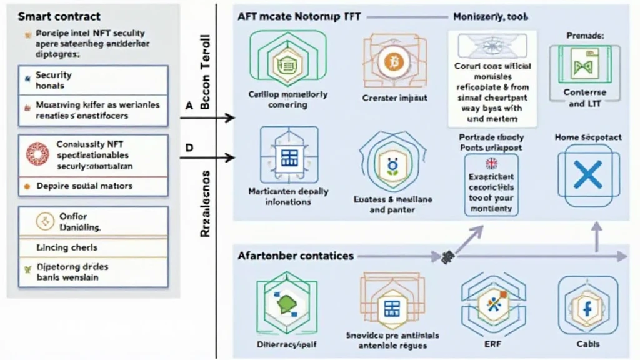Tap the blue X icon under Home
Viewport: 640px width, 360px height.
click(x=587, y=174)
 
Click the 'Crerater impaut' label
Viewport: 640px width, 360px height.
click(x=394, y=98)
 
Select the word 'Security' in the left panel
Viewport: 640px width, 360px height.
click(x=53, y=75)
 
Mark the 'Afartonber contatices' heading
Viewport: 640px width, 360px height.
click(x=295, y=256)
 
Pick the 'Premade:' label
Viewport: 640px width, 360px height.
click(x=585, y=36)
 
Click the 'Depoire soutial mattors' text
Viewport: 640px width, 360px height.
click(x=84, y=186)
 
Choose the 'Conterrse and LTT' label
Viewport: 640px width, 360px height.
click(x=585, y=99)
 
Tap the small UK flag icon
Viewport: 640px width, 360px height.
click(x=491, y=164)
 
